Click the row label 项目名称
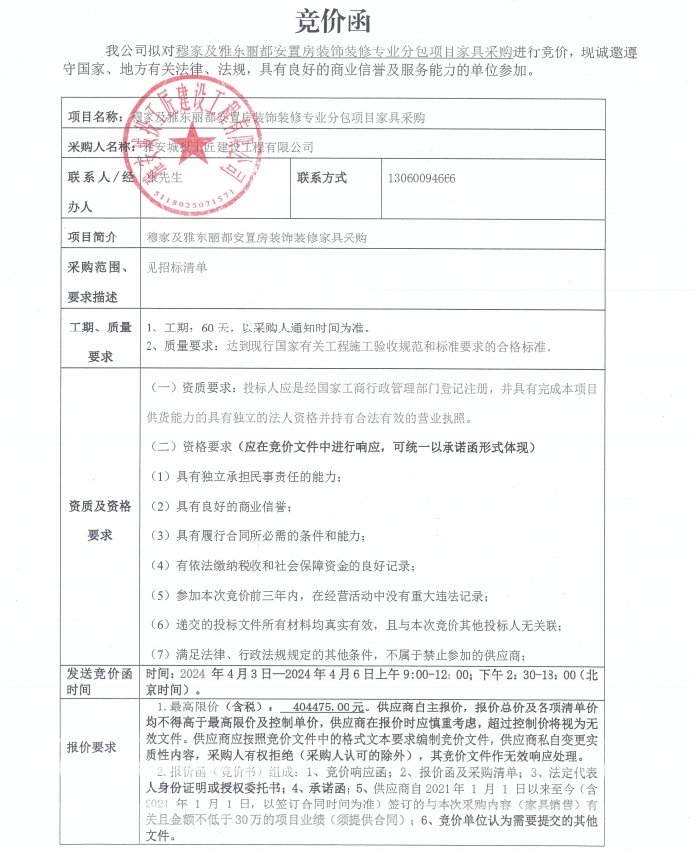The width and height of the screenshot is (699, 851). point(98,117)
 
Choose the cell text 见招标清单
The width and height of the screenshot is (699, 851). point(177,267)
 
